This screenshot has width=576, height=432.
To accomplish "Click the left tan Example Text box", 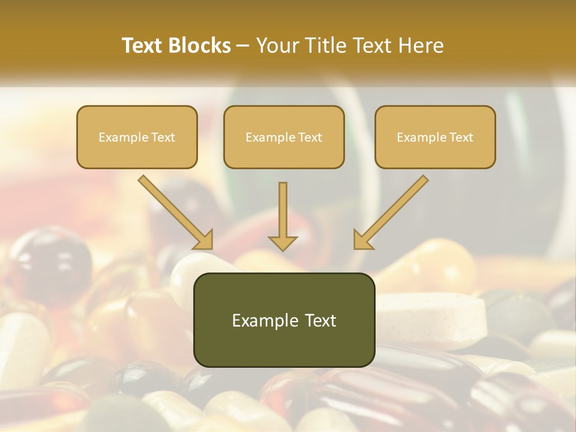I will point(137,137).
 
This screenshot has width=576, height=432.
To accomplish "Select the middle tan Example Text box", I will point(284,137).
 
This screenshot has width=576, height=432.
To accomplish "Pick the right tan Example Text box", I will point(435,137).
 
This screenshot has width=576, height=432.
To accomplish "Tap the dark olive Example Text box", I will point(284,320).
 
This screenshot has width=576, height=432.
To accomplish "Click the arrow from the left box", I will point(175,212).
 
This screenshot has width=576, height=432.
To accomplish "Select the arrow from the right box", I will point(391,212).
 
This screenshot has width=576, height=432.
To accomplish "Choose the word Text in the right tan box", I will point(461,137).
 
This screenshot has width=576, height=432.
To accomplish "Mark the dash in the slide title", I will point(243,46).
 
